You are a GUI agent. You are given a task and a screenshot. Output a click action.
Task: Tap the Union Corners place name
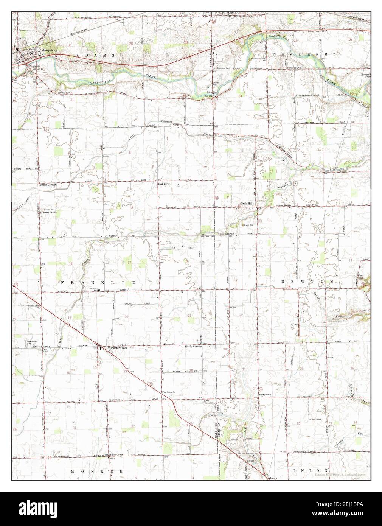pyautogui.click(x=48, y=185)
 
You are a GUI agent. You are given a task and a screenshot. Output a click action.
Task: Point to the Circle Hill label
pyautogui.click(x=248, y=204)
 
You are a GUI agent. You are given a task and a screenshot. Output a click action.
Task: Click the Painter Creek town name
pyautogui.click(x=118, y=348)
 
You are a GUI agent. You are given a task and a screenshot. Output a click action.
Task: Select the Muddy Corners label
pyautogui.click(x=193, y=346)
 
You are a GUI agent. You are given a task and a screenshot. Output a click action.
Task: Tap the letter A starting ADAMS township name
pyautogui.click(x=78, y=55)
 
